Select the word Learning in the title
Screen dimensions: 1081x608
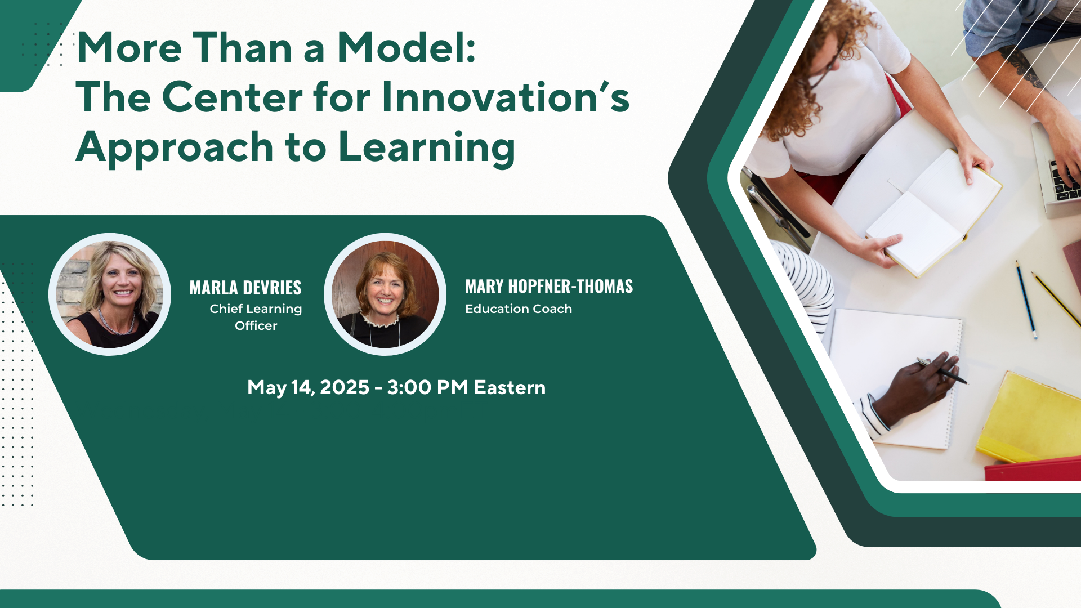pyautogui.click(x=427, y=148)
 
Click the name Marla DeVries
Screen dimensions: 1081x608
pyautogui.click(x=245, y=288)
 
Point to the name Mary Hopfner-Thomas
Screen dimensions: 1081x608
pyautogui.click(x=549, y=287)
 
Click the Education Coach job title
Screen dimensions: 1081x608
pyautogui.click(x=519, y=309)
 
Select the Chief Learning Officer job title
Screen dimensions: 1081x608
pyautogui.click(x=256, y=317)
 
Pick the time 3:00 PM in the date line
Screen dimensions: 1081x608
pyautogui.click(x=427, y=387)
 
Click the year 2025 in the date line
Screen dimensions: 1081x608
pyautogui.click(x=345, y=387)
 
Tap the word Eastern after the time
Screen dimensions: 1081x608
pyautogui.click(x=510, y=387)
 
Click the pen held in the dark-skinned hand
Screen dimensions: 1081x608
pyautogui.click(x=941, y=370)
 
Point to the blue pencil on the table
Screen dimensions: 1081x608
pyautogui.click(x=1026, y=299)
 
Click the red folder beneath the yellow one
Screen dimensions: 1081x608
pyautogui.click(x=1034, y=470)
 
